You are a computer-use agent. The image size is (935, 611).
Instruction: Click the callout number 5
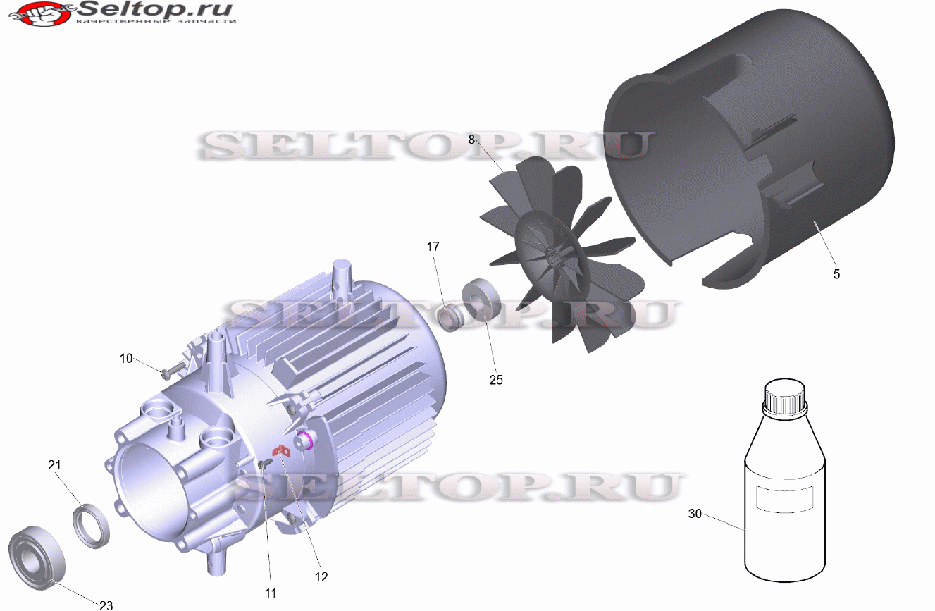click(836, 274)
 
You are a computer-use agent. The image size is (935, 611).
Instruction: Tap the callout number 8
click(471, 140)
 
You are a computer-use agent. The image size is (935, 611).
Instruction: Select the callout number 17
click(433, 247)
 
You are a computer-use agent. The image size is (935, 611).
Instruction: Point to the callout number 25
click(496, 380)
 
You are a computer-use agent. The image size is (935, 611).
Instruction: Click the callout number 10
click(126, 359)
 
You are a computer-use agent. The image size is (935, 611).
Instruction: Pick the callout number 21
click(54, 465)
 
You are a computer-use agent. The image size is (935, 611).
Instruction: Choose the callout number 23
click(106, 605)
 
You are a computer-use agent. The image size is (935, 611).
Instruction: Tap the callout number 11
click(271, 593)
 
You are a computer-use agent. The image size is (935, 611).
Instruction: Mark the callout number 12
click(321, 576)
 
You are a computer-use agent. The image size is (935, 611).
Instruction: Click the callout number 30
click(695, 514)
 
